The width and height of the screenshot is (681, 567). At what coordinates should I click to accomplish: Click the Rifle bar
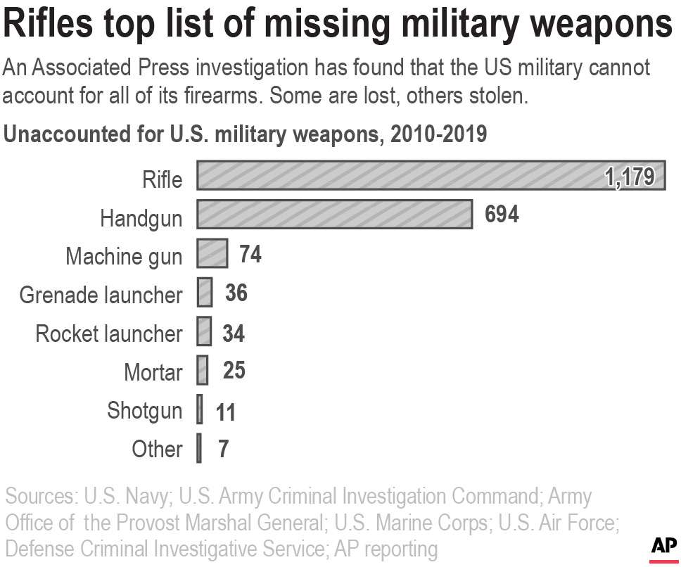click(x=394, y=176)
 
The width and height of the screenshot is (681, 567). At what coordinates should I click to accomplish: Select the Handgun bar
click(x=334, y=215)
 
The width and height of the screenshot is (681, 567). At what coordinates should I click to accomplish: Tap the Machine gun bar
click(x=212, y=253)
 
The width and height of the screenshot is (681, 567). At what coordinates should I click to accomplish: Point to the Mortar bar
click(x=203, y=370)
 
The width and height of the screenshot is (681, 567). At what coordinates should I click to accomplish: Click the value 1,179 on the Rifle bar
click(x=630, y=177)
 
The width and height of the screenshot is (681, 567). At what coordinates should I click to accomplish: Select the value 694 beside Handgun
click(x=502, y=215)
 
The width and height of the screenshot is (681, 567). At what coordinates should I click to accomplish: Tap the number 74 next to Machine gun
click(x=250, y=253)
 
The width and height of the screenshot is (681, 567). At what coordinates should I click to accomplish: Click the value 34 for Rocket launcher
click(x=233, y=332)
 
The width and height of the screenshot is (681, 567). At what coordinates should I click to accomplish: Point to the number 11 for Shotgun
click(x=225, y=412)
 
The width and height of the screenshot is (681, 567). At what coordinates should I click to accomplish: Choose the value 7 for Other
click(x=223, y=449)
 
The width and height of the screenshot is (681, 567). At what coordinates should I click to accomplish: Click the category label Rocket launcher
click(x=109, y=333)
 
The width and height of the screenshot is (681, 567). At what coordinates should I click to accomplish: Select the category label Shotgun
click(x=144, y=410)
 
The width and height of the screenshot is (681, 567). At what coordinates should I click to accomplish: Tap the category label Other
click(x=157, y=449)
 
